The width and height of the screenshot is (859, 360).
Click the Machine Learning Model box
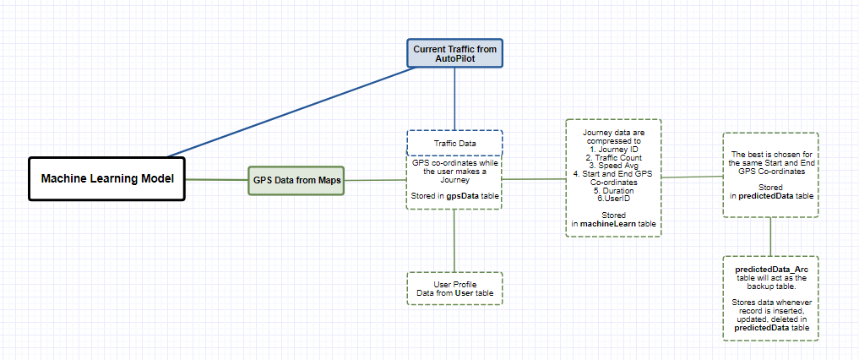[107, 178]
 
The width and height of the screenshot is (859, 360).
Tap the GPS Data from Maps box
[296, 180]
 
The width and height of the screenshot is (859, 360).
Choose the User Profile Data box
[454, 288]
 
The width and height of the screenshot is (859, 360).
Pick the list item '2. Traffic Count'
[612, 158]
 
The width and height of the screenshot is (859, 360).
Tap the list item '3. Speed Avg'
[612, 166]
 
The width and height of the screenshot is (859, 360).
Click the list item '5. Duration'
[612, 190]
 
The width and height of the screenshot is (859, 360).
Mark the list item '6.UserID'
[612, 199]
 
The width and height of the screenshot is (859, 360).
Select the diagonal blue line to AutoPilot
[287, 112]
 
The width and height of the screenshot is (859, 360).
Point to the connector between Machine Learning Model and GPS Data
[216, 179]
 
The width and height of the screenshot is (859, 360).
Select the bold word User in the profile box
[463, 292]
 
